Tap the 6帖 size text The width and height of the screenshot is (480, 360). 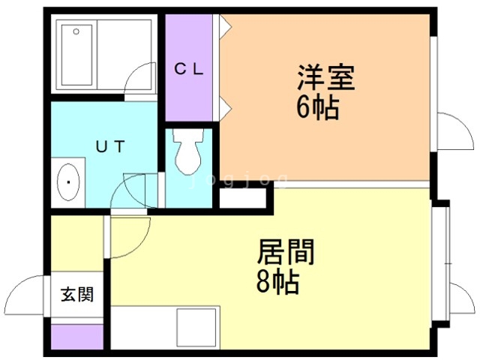[317, 109]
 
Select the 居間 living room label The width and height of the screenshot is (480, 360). [286, 252]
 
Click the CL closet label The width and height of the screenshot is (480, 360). [190, 70]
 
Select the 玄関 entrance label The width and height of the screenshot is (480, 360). [77, 295]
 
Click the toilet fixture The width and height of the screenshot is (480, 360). [187, 153]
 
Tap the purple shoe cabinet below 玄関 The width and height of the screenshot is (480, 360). [76, 337]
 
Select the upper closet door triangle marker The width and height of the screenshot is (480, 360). [224, 26]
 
